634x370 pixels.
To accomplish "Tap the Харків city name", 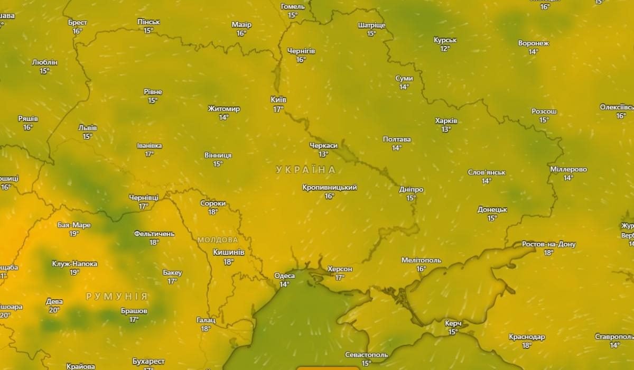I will pos(446,121).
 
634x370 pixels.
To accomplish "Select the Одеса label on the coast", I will pos(284,275).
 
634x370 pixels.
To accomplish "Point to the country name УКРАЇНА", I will pos(305,170).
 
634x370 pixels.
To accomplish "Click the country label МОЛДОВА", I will pos(218,240).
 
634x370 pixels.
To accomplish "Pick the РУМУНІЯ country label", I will pos(117,297).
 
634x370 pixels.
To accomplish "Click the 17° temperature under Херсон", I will pos(340,277).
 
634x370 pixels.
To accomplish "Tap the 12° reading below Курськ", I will pos(445,49).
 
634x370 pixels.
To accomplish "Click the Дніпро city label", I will pos(411,189).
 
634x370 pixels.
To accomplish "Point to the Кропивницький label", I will pos(330,188).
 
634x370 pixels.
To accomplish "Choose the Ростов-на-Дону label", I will pos(548,244).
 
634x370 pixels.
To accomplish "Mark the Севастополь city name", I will pos(366,355).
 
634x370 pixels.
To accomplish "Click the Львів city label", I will pos(88,127).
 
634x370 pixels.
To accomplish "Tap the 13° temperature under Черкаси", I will pos(323,154).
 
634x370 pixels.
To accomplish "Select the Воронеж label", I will pos(534,43).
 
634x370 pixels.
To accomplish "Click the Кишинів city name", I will pos(228,252).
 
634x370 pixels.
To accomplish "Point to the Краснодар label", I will pos(527,337).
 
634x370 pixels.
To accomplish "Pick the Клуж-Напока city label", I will pos(74,263).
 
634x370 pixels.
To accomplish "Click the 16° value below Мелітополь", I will pos(421,269).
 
